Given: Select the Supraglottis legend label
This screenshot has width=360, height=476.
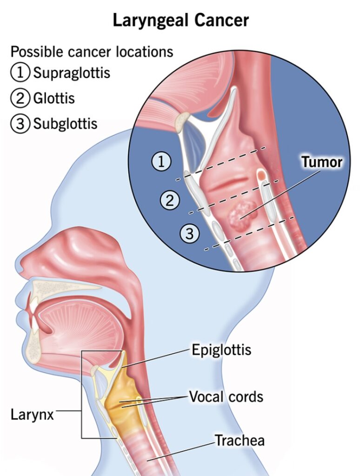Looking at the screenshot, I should [72, 73].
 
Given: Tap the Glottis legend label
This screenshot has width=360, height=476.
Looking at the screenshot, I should [54, 98].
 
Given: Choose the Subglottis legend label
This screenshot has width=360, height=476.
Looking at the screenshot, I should [65, 124].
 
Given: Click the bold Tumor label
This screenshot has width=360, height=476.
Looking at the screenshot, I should [321, 162].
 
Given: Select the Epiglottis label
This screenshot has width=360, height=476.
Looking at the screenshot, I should [221, 350].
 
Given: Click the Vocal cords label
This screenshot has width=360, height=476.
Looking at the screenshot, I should [226, 397].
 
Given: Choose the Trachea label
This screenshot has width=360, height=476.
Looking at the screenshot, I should [239, 440].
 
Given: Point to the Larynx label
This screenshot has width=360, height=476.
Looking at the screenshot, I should [33, 414].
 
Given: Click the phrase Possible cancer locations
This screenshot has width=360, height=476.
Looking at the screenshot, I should [92, 52].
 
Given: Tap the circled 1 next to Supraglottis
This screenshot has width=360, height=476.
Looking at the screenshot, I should [19, 73].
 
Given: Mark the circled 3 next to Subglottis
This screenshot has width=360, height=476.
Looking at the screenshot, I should [19, 124].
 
